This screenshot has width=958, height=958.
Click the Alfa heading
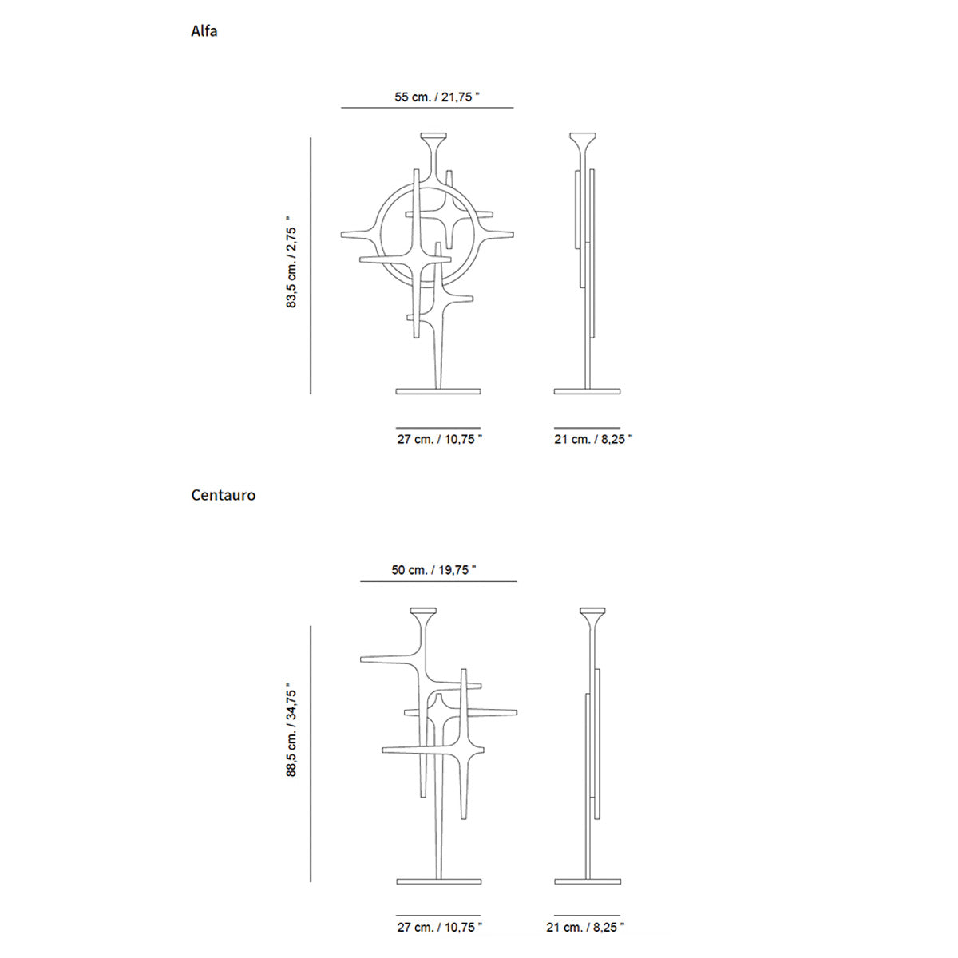[204, 31]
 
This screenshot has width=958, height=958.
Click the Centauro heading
[224, 495]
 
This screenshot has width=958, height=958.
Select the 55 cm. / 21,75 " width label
[437, 97]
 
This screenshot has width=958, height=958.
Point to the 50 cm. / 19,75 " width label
[433, 570]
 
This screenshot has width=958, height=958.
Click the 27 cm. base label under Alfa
[440, 439]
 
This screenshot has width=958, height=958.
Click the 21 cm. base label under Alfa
[593, 439]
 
